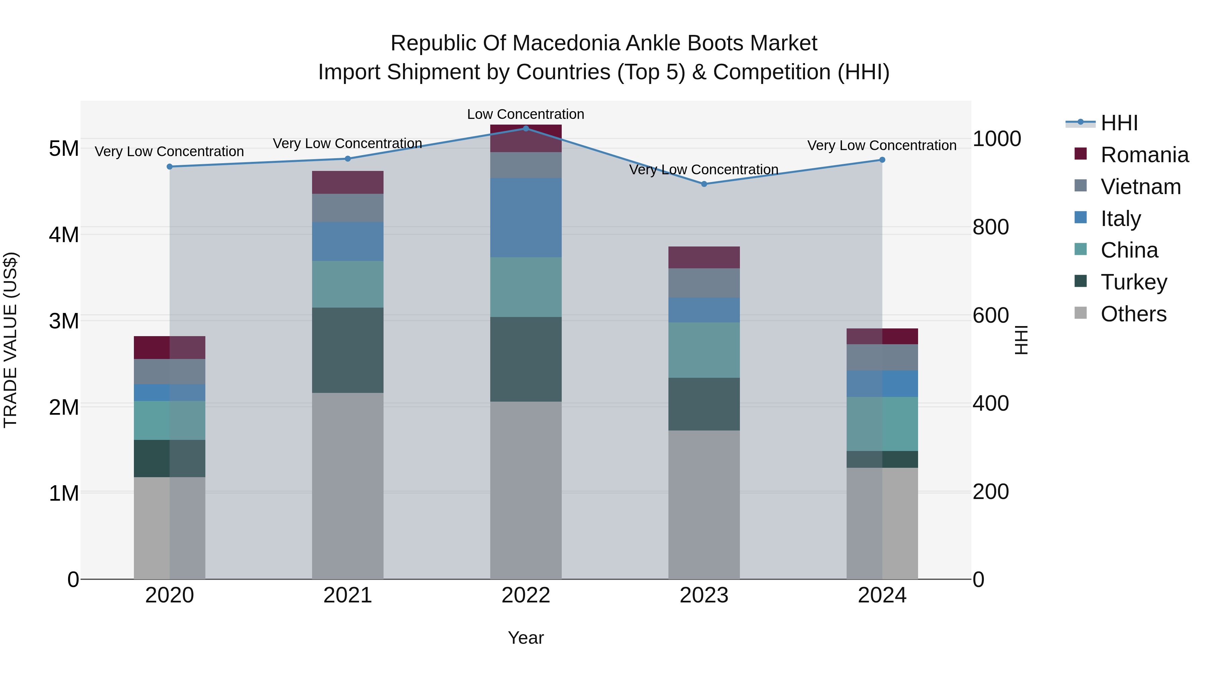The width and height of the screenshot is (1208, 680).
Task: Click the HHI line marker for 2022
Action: [x=526, y=128]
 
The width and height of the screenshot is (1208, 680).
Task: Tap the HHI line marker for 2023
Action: [x=704, y=184]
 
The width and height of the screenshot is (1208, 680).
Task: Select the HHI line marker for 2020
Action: [x=170, y=167]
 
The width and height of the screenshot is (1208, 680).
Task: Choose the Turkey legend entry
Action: [x=1121, y=282]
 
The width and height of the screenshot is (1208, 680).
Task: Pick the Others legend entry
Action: [x=1120, y=314]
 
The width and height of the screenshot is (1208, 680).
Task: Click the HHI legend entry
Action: [x=1102, y=123]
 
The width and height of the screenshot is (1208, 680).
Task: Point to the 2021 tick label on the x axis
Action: [x=348, y=595]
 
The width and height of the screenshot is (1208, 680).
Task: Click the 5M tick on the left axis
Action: [x=64, y=149]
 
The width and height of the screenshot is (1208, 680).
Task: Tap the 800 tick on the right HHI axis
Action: [x=991, y=227]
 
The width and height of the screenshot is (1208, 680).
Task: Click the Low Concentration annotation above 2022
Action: [x=526, y=114]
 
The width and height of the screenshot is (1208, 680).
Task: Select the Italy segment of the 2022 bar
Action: [x=526, y=217]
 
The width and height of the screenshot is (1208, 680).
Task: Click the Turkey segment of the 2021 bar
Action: [x=348, y=350]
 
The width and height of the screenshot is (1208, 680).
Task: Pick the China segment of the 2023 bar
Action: [x=704, y=350]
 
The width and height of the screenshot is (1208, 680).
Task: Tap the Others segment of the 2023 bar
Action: [x=704, y=505]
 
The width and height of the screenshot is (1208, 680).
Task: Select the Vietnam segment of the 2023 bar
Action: [x=704, y=283]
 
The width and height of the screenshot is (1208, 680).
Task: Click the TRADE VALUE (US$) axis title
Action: [x=10, y=340]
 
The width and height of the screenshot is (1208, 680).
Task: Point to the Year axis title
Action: [x=526, y=638]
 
